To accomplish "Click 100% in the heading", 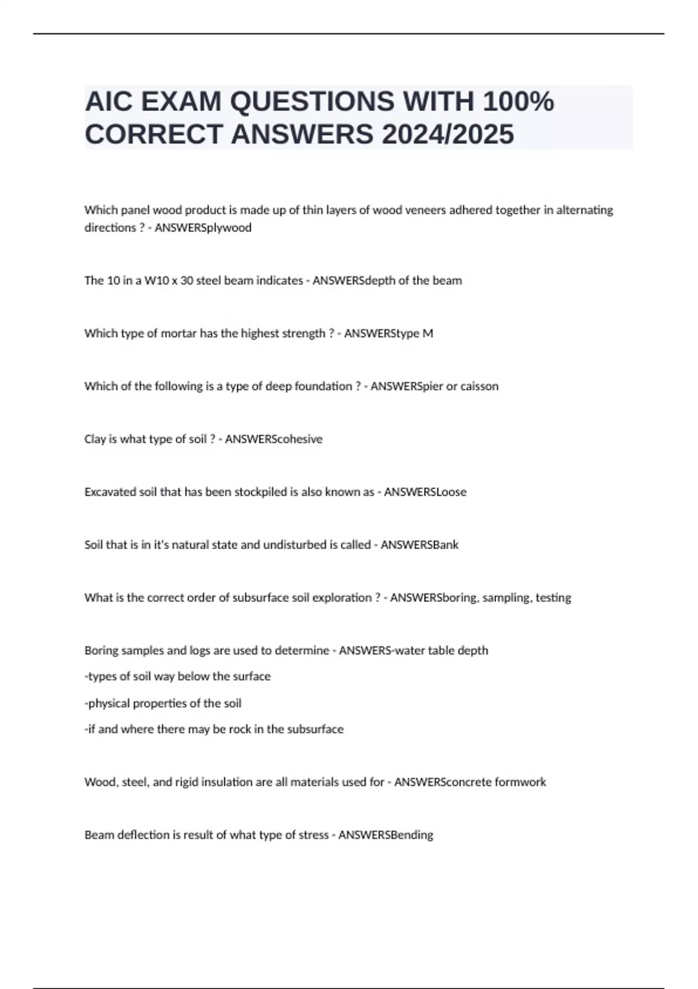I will click(518, 102).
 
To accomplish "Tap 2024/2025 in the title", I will click(448, 134).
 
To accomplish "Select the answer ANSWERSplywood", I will click(203, 228).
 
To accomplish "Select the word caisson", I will click(479, 386).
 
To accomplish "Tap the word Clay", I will click(95, 439).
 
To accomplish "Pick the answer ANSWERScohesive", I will click(273, 439).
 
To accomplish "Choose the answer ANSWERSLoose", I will click(425, 492).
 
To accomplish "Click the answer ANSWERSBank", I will click(419, 545).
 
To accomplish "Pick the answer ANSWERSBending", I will click(386, 835).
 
